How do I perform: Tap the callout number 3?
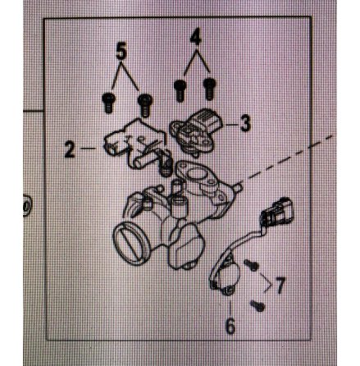[x=244, y=124]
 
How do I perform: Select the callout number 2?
[x=70, y=149]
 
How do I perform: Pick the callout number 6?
[x=230, y=325]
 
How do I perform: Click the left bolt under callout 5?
[x=107, y=102]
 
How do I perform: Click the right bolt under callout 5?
[x=146, y=103]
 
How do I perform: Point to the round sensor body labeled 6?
[x=223, y=281]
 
